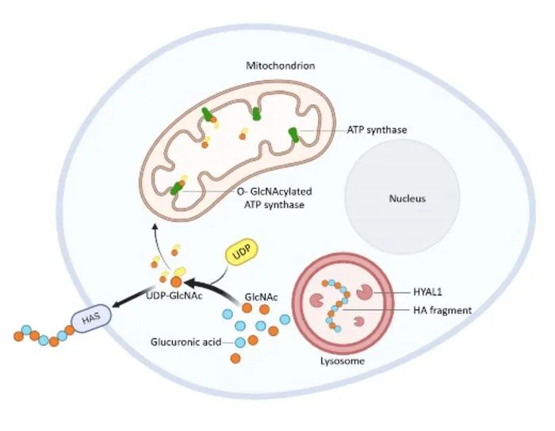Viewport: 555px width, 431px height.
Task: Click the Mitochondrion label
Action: [281, 66]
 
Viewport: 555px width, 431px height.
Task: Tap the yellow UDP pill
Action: [242, 253]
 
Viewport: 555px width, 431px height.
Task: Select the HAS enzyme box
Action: [91, 318]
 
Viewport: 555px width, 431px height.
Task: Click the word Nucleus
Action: [407, 198]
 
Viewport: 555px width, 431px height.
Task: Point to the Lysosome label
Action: [343, 361]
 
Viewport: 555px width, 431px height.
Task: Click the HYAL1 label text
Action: [427, 292]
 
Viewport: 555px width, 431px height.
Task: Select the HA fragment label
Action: [442, 310]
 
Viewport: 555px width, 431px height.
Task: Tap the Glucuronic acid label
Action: [186, 342]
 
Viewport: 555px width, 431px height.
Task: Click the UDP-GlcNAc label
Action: [174, 296]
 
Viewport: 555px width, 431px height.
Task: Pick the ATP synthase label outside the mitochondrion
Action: [377, 130]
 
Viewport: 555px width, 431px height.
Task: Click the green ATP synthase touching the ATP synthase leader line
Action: [293, 135]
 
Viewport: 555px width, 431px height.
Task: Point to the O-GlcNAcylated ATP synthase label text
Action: [274, 198]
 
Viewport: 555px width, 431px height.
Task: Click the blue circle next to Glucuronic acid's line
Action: [240, 342]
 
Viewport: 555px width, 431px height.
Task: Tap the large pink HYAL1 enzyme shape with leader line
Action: [364, 292]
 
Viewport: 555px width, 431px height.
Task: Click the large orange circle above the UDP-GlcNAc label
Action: [176, 282]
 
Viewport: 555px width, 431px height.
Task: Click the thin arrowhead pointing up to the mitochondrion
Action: [155, 226]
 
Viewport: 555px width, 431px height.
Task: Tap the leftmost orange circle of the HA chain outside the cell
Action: [18, 336]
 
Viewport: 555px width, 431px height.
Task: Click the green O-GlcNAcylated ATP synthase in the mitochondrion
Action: [176, 188]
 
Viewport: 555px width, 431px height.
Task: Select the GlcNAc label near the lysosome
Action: [261, 297]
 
